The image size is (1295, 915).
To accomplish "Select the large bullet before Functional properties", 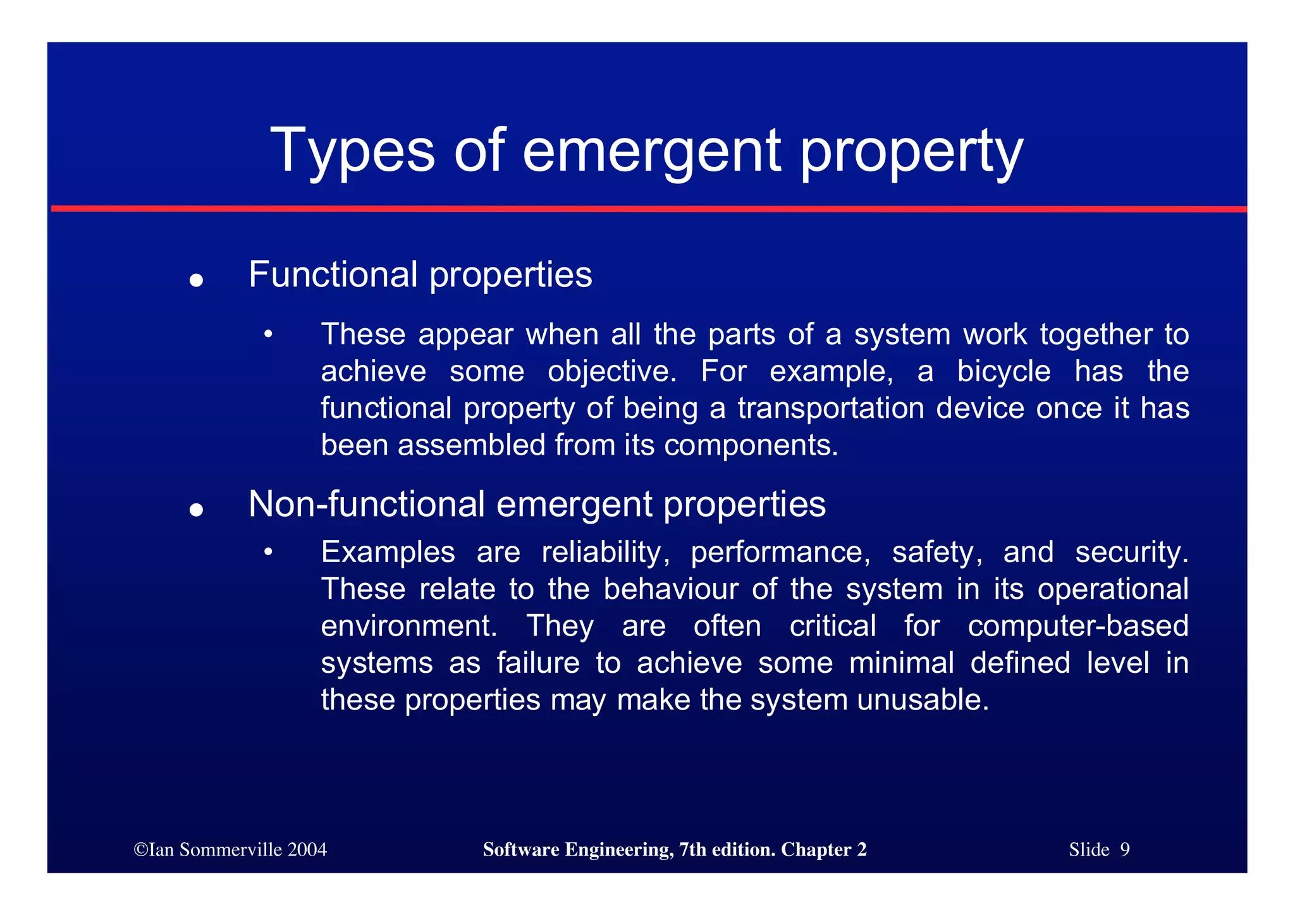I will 196,279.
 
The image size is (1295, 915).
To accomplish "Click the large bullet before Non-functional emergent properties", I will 196,509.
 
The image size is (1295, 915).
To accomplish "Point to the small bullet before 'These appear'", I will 268,334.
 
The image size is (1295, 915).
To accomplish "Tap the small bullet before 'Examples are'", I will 268,552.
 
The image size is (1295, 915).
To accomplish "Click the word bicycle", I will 1003,371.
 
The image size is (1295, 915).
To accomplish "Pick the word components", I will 750,445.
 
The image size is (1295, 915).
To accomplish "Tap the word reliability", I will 606,552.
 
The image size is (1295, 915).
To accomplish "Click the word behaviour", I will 670,589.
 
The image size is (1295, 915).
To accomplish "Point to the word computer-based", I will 1077,626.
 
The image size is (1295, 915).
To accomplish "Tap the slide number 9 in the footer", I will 1124,849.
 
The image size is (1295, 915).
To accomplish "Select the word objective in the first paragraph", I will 611,371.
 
